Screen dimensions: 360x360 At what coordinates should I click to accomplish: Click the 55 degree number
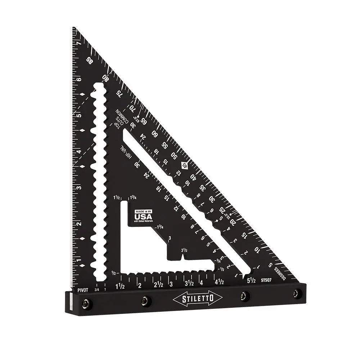pyautogui.click(x=164, y=145)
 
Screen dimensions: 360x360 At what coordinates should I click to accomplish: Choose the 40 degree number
pyautogui.click(x=193, y=177)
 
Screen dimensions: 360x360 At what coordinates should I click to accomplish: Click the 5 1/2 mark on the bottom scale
pyautogui.click(x=251, y=279)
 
